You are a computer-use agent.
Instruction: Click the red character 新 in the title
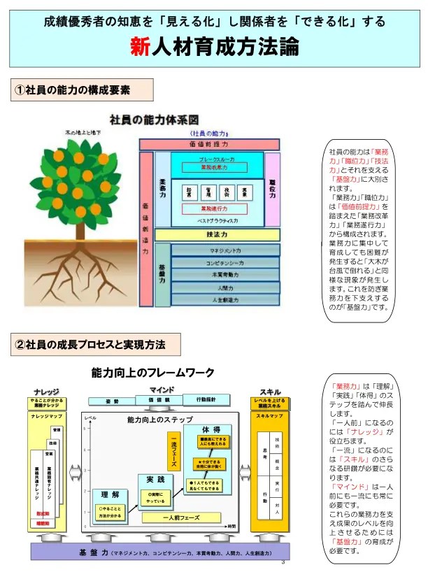[x=138, y=46]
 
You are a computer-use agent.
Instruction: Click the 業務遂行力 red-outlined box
[x=215, y=208]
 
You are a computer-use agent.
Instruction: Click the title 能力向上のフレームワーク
[x=153, y=373]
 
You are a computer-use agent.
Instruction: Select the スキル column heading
[x=270, y=391]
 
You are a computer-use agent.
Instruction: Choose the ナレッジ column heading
[x=46, y=391]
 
